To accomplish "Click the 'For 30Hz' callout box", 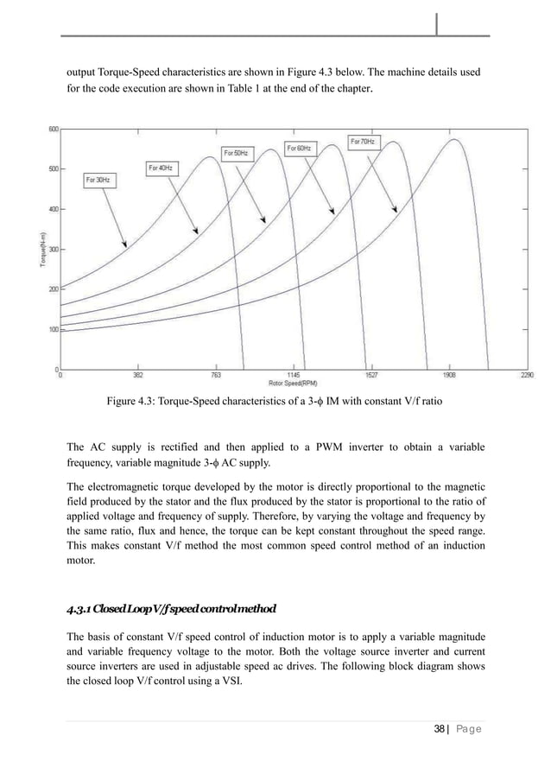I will pyautogui.click(x=101, y=181).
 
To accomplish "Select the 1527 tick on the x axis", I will pyautogui.click(x=372, y=376).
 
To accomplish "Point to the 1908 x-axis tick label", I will pyautogui.click(x=451, y=376).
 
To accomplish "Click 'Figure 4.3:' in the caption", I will pyautogui.click(x=132, y=402).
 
